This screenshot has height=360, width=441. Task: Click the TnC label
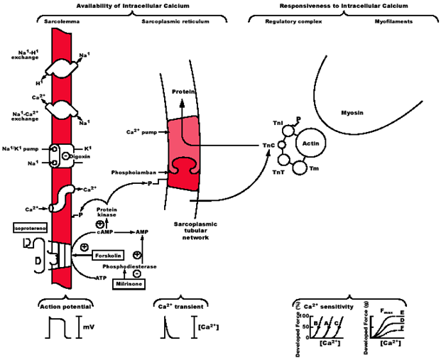click(268, 146)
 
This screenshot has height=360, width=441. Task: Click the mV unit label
click(87, 327)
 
